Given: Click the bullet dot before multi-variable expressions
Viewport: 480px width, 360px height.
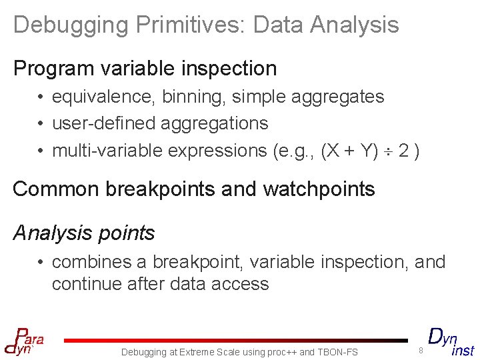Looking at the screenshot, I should click(x=41, y=151).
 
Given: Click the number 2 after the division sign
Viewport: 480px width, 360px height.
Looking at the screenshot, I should click(x=403, y=151).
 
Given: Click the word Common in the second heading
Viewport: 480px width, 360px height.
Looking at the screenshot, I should click(x=55, y=189).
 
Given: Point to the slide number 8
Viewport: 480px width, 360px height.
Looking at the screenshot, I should click(x=421, y=350).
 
